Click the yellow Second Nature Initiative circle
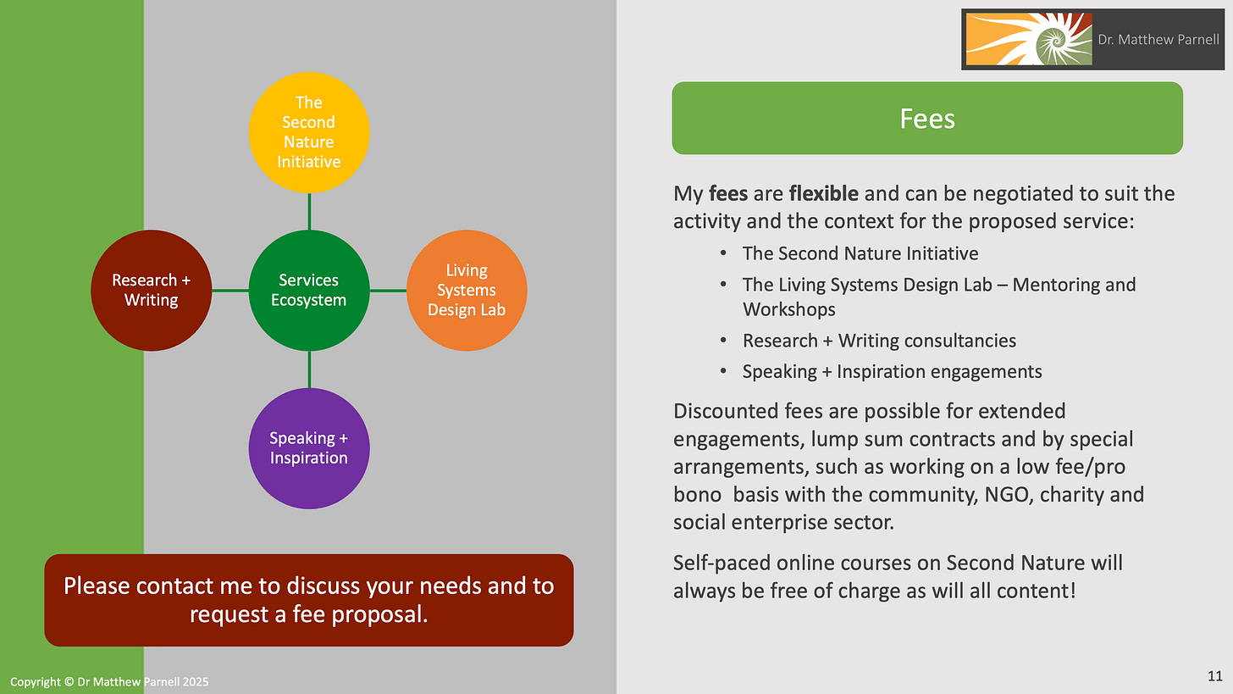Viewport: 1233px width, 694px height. [x=308, y=132]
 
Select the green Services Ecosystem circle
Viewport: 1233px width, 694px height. [x=308, y=290]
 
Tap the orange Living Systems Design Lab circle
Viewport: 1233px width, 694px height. [x=467, y=290]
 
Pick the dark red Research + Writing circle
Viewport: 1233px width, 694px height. [x=151, y=290]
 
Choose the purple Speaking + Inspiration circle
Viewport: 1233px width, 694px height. [x=308, y=448]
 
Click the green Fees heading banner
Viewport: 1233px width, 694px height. [x=927, y=118]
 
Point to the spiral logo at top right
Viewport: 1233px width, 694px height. [x=1026, y=39]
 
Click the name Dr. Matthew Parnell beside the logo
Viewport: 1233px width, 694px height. [x=1158, y=39]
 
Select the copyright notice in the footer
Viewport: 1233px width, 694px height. [x=109, y=681]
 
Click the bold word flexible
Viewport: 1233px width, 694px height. [x=823, y=193]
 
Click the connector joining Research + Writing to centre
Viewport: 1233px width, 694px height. [x=229, y=291]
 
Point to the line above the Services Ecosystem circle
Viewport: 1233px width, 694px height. [x=309, y=211]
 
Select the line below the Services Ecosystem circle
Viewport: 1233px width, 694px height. [x=309, y=369]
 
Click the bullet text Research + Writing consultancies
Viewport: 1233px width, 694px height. [x=879, y=341]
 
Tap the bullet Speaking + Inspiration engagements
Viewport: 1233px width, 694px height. [x=892, y=371]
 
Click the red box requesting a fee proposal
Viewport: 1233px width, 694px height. [x=309, y=599]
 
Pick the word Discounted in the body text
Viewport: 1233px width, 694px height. [x=726, y=412]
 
